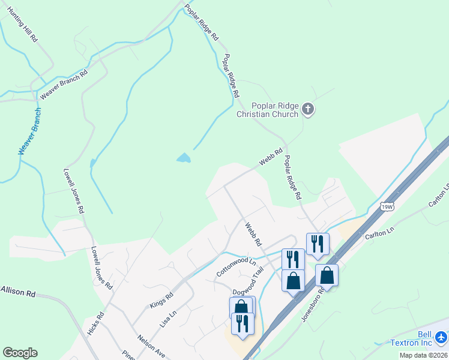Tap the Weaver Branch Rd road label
[x=64, y=85]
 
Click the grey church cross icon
[x=308, y=109]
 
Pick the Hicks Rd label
[x=96, y=323]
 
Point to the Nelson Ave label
[x=151, y=346]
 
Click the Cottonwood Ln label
[x=236, y=268]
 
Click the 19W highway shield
[x=387, y=206]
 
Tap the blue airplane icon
[x=441, y=338]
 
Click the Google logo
[x=20, y=353]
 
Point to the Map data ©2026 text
[x=423, y=355]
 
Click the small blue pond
[x=184, y=158]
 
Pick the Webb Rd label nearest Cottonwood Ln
[x=253, y=235]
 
